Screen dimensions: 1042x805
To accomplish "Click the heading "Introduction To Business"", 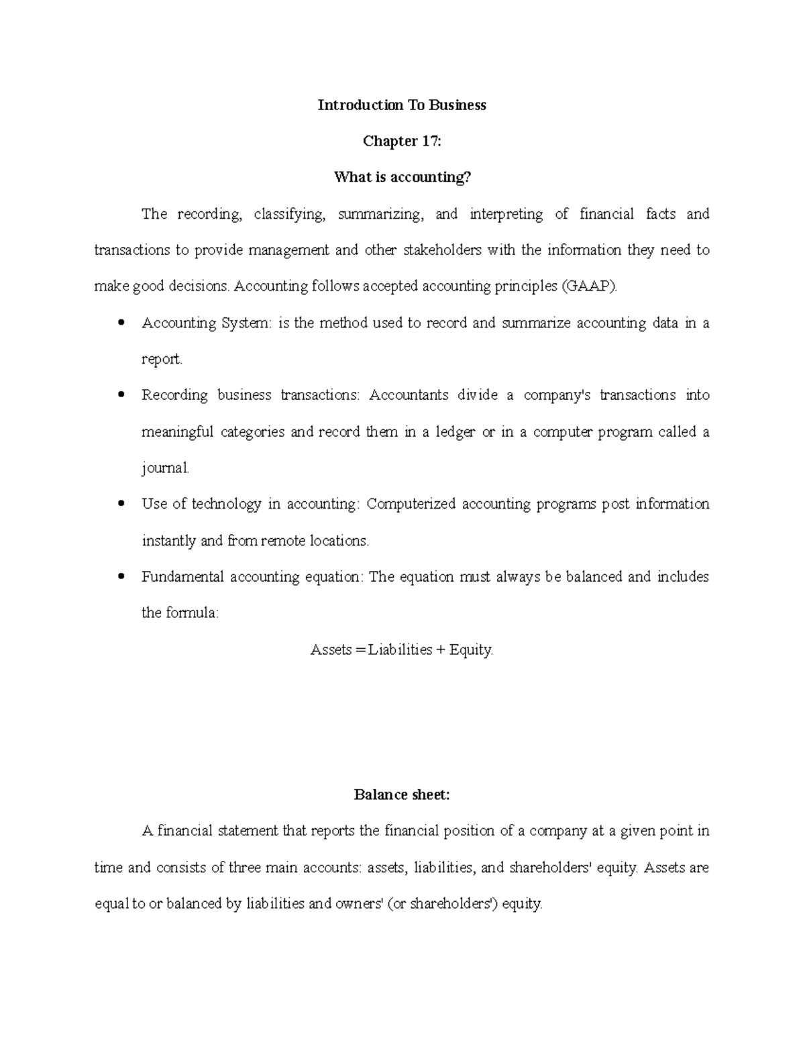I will click(402, 105).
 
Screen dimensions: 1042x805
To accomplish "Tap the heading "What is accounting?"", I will click(402, 178).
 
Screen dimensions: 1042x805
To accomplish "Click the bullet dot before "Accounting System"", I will click(121, 323).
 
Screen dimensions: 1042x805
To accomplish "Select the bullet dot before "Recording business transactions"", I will click(121, 395).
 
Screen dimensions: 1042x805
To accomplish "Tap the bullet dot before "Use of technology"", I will click(121, 504).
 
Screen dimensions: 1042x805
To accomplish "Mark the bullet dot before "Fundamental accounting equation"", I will click(121, 576).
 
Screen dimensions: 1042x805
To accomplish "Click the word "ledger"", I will click(456, 432).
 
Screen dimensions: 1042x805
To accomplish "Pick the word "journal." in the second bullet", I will click(166, 468).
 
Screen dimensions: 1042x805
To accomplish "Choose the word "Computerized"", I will click(411, 504).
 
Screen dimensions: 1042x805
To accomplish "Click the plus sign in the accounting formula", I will click(441, 649).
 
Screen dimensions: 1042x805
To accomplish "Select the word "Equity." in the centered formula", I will click(472, 649).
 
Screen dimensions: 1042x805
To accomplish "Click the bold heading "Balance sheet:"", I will click(402, 795).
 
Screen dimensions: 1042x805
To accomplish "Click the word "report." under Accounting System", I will click(162, 360).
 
